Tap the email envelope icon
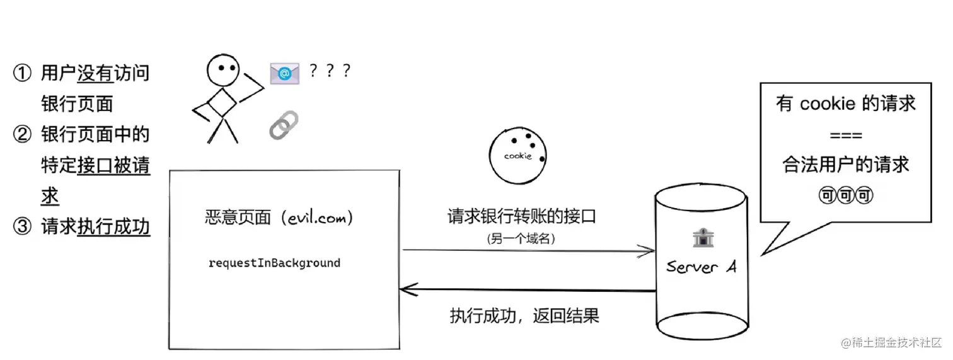coord(284,74)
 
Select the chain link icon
coord(284,125)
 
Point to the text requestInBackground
coord(274,263)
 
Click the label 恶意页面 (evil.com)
coord(279,218)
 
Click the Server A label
coord(701,267)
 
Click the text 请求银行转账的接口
coord(521,217)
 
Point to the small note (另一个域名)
coord(521,239)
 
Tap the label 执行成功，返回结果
coord(524,315)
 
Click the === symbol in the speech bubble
coord(846,136)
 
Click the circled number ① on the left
coord(22,74)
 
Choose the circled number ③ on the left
coord(22,226)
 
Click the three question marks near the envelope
coord(330,71)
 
